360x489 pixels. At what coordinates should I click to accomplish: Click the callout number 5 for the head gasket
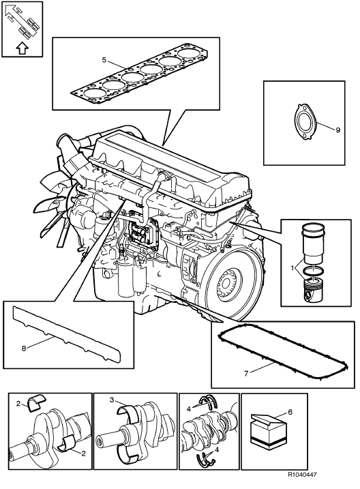coord(104,59)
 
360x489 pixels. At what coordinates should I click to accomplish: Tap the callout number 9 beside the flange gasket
coord(338,130)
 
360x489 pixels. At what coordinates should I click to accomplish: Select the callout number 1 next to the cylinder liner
coord(292,268)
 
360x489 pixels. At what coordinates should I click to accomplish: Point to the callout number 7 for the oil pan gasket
coord(246,373)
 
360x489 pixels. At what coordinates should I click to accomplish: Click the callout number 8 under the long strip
coord(24,349)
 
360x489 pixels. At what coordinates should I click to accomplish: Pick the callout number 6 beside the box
coord(290,412)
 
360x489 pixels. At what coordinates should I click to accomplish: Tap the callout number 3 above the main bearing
coord(112,400)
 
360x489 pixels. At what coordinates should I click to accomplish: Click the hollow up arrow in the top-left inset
coord(22,48)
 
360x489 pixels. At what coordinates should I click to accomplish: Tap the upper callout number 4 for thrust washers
coord(188,409)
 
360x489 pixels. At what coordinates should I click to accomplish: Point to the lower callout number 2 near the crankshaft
coord(83,454)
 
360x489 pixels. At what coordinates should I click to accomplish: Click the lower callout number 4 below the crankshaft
coord(217,450)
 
